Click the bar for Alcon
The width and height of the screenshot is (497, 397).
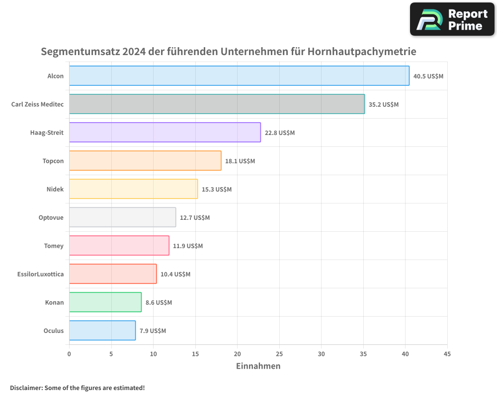click(x=239, y=76)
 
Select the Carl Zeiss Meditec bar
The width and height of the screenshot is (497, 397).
click(x=217, y=104)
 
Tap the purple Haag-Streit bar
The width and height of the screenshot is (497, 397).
click(x=165, y=132)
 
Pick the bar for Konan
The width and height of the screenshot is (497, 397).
click(x=105, y=302)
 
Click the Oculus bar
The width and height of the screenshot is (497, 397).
click(x=102, y=331)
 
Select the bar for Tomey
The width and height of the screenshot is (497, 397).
click(x=119, y=246)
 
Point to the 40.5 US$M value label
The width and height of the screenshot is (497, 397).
click(x=428, y=76)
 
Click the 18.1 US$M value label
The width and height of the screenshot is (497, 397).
click(x=240, y=161)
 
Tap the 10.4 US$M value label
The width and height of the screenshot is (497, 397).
click(x=175, y=274)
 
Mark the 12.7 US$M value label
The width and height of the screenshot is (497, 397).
click(x=195, y=218)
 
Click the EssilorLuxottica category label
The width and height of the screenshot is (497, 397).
click(x=40, y=274)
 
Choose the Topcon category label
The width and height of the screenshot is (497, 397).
click(x=53, y=161)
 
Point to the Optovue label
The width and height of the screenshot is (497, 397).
click(x=51, y=217)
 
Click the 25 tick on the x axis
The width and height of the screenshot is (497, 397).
click(x=279, y=354)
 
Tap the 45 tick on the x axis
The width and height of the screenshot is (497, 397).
click(x=447, y=354)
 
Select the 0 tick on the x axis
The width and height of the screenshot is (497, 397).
click(x=69, y=354)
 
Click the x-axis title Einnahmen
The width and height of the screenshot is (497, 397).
click(x=258, y=366)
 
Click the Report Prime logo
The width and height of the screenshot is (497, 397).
click(x=452, y=19)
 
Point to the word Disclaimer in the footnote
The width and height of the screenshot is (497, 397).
click(x=25, y=388)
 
